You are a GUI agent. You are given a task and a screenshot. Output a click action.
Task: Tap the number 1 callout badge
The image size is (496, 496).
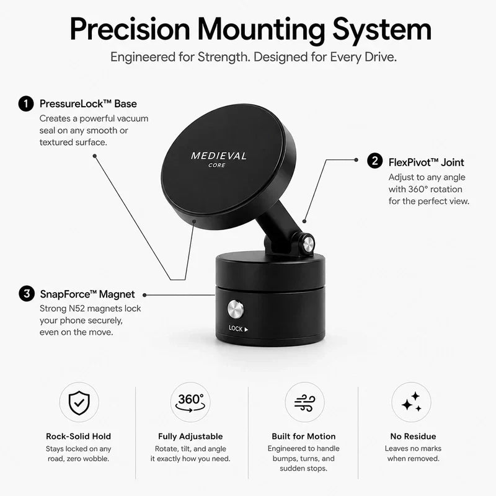pos(26,104)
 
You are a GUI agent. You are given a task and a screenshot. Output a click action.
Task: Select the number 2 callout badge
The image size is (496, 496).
pos(375,161)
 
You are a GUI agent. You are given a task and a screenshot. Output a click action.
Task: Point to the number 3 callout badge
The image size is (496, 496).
pos(27,294)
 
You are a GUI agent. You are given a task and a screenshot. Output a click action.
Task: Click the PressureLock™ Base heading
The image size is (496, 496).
pos(88,104)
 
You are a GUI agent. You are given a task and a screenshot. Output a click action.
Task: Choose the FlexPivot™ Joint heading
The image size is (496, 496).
pos(426,162)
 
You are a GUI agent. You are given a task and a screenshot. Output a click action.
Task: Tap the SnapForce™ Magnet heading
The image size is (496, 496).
pos(87,294)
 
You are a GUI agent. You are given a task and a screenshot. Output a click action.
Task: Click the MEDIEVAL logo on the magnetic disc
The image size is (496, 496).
pos(219,156)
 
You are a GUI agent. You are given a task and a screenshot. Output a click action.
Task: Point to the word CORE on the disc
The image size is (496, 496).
pos(217,165)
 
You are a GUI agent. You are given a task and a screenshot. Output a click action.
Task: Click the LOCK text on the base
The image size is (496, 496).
pos(236,329)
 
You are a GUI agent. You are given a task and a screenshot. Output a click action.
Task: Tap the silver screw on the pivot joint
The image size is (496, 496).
pos(308,244)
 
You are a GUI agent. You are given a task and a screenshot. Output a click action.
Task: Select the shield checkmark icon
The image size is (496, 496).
pos(79,402)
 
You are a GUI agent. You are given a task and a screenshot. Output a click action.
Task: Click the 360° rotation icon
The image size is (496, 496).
pos(190,402)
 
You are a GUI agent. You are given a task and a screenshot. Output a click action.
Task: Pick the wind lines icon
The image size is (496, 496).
pos(304,402)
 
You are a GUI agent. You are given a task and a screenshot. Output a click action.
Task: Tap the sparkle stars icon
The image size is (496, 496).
pos(412,402)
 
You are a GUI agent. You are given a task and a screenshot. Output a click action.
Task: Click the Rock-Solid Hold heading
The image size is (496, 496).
pos(79,436)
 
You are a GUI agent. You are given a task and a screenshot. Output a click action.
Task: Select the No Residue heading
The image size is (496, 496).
pos(413,436)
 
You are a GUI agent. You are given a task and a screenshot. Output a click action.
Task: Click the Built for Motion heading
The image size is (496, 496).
pos(304,436)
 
